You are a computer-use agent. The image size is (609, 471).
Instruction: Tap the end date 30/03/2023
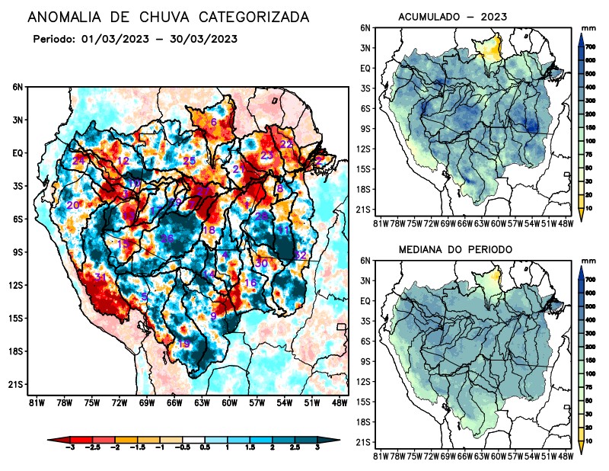pos(205,39)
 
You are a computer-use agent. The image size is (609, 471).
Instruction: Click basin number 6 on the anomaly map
pos(214,123)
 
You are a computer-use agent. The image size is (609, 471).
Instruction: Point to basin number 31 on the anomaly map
pos(100,277)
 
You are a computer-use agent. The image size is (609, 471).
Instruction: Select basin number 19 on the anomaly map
pos(183,344)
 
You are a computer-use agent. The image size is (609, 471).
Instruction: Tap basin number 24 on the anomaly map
pos(78,160)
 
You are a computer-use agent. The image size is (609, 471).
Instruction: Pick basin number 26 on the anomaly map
pos(167,239)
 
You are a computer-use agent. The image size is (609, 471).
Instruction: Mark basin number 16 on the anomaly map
pos(250,283)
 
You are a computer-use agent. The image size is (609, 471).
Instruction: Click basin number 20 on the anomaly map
pos(73,205)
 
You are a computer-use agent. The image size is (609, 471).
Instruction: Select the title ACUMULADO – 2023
pos(452,17)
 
